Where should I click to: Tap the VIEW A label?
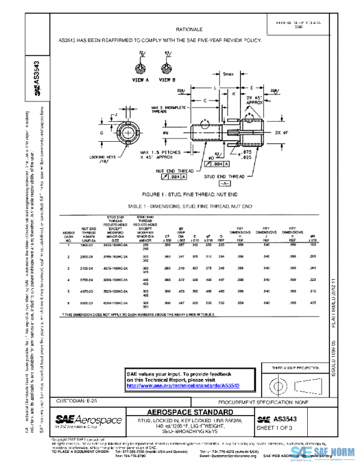[x=140, y=79]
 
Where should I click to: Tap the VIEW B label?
[x=167, y=79]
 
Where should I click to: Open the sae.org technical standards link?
[x=183, y=385]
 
